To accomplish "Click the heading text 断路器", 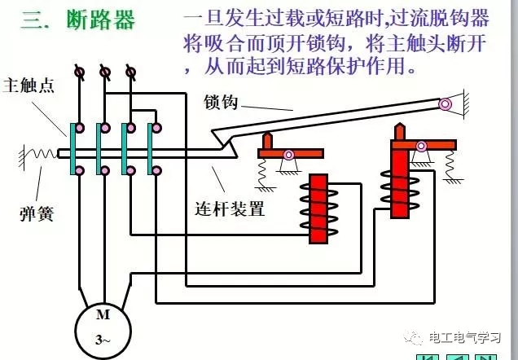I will [102, 20].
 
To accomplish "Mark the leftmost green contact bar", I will [74, 149].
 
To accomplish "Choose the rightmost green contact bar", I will [150, 149].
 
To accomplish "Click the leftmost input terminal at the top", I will [79, 72].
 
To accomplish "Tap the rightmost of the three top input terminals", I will [129, 72].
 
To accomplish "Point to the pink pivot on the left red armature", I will [288, 154].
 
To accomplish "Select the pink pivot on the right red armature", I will [421, 146].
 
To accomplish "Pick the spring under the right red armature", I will [449, 163].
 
